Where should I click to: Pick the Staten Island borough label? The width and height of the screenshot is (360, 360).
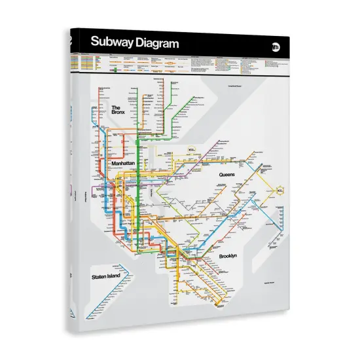(108, 278)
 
